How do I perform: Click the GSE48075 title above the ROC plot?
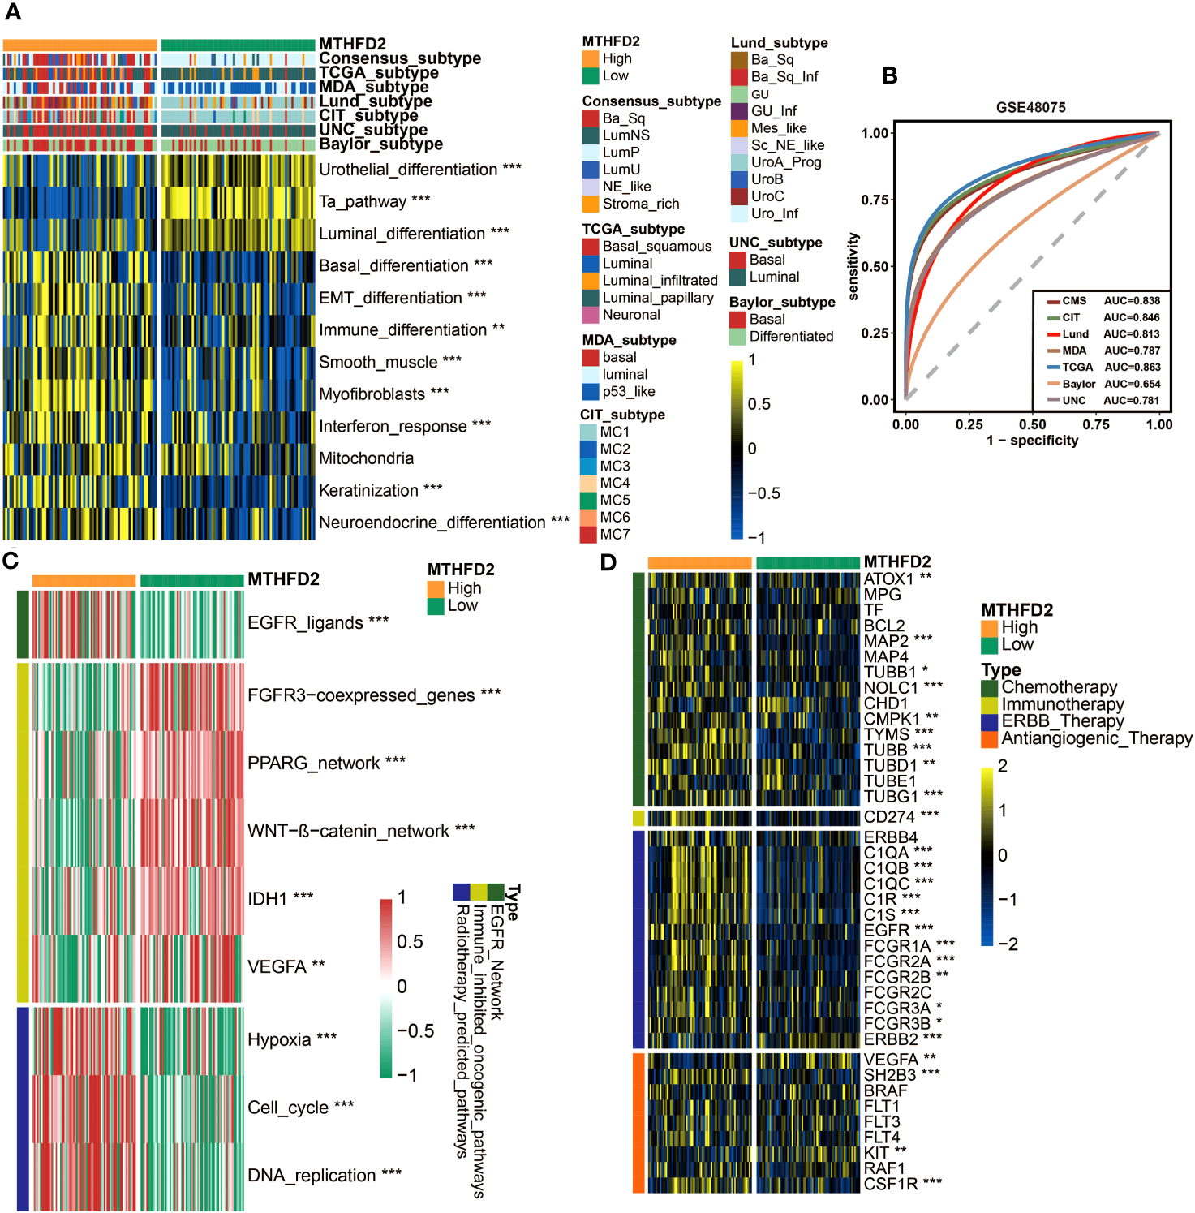(1030, 107)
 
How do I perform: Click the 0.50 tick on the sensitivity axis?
(875, 266)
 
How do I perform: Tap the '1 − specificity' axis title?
(1032, 441)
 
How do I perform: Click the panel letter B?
(890, 75)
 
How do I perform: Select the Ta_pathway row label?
(362, 201)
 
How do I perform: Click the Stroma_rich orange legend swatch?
(591, 204)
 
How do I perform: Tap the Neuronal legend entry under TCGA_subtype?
(631, 315)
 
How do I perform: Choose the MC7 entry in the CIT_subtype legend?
(614, 534)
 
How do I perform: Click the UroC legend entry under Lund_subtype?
(767, 196)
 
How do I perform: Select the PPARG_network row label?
(313, 763)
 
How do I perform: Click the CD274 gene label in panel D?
(889, 817)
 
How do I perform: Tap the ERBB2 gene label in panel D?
(891, 1039)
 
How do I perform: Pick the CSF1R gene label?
(891, 1184)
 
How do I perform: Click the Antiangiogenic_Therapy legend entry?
(1096, 738)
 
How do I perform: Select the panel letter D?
(608, 561)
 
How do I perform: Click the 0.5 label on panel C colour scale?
(410, 941)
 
